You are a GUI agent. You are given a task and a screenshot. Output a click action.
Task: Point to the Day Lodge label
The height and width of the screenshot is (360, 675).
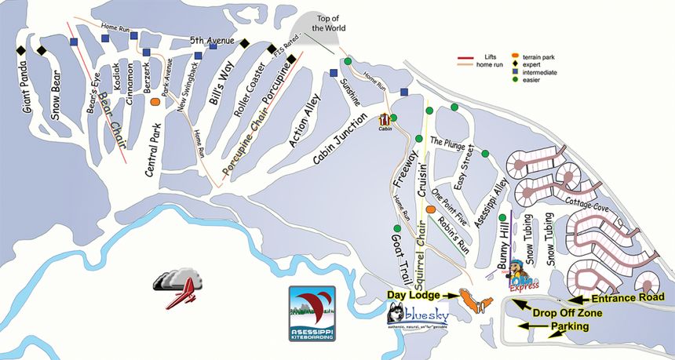pos(414,294)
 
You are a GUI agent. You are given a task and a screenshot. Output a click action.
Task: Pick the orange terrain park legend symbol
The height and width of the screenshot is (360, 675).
pos(515,56)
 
